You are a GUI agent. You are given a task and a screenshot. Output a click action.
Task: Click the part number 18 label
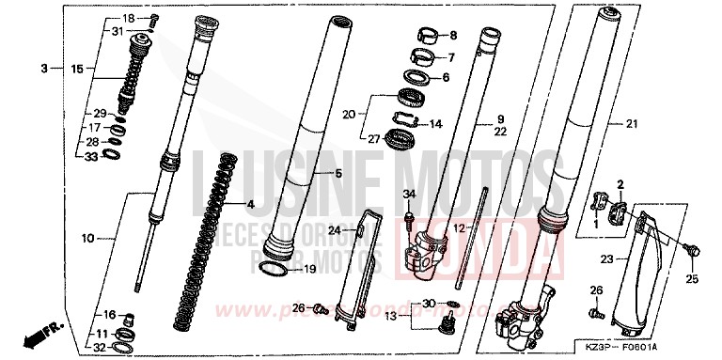tap(129, 18)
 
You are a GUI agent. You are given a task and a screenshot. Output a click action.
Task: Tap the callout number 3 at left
tap(43, 69)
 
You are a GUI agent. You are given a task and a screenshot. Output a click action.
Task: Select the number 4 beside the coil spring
tap(251, 204)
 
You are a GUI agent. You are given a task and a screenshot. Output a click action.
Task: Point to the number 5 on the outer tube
tap(339, 174)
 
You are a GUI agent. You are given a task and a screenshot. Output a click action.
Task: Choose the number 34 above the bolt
tap(409, 194)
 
